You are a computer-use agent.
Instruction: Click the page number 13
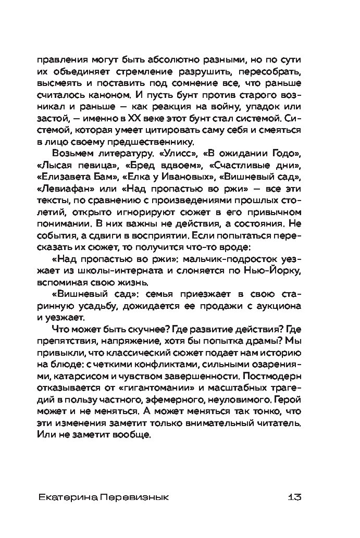click(294, 496)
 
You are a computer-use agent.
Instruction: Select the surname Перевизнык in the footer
click(128, 496)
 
